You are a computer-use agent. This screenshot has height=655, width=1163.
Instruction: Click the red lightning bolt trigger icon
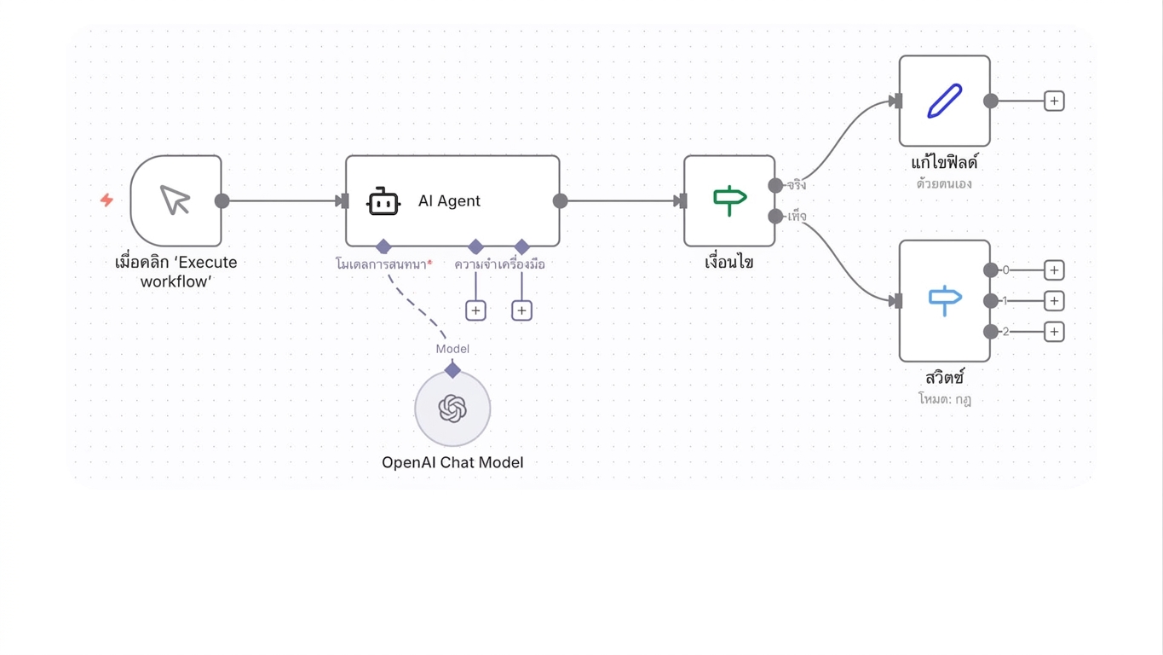[x=107, y=200]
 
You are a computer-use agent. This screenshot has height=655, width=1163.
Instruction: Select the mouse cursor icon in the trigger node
[x=175, y=200]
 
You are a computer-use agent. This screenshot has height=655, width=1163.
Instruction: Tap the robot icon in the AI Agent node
[x=383, y=201]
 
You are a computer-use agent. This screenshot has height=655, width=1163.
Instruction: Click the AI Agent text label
[x=449, y=200]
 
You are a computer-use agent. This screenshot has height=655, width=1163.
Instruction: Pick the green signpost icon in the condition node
[x=730, y=200]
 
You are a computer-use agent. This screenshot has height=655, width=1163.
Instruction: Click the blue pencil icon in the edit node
[x=945, y=101]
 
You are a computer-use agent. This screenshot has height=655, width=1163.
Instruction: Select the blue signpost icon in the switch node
[x=945, y=300]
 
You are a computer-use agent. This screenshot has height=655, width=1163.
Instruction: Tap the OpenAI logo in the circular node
[x=452, y=408]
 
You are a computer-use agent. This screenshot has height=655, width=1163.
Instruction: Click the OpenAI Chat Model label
[x=452, y=462]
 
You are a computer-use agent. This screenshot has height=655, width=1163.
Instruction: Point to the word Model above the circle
[x=452, y=349]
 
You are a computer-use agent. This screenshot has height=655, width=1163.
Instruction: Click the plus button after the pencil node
[x=1054, y=101]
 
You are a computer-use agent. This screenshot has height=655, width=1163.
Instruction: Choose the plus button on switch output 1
[x=1054, y=301]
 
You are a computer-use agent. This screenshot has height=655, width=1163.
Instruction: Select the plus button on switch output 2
[x=1054, y=332]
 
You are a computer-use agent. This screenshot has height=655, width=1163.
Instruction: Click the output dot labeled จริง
[x=775, y=185]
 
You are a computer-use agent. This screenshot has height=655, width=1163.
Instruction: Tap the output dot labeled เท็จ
[x=775, y=217]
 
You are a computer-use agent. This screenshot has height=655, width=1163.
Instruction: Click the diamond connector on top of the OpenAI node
[x=452, y=370]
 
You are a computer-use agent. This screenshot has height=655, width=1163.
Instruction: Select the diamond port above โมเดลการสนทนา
[x=383, y=246]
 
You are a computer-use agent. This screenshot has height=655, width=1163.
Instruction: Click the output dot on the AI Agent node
[x=561, y=201]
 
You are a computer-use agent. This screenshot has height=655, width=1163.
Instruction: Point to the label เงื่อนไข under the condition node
[x=729, y=262]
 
